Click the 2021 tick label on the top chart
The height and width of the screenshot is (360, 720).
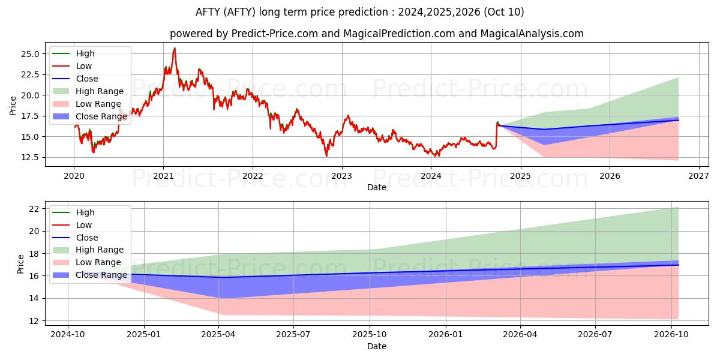[163, 176]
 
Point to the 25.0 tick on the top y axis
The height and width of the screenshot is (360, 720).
[30, 54]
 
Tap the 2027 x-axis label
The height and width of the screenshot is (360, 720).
[699, 176]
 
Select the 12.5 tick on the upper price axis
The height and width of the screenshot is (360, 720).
[30, 157]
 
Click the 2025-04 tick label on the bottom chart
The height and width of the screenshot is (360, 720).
[218, 335]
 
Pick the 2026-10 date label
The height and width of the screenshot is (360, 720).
[671, 335]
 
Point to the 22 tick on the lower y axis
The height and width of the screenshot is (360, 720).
[34, 209]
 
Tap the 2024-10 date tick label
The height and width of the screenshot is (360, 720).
[68, 335]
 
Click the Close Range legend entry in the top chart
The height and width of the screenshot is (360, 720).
[89, 116]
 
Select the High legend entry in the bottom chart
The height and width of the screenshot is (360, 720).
[74, 212]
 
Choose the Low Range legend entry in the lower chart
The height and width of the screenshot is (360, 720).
[87, 262]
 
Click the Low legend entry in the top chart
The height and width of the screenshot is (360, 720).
[73, 66]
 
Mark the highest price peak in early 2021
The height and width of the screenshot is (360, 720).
[175, 48]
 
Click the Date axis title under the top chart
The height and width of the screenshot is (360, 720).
[377, 187]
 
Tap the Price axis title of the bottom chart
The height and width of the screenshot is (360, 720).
[20, 264]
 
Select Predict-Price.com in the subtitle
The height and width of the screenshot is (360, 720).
[275, 34]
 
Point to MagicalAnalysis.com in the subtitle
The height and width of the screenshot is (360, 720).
[532, 34]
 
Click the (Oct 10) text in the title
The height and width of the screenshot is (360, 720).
[503, 12]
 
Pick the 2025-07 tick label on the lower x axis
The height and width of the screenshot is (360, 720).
[293, 335]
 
